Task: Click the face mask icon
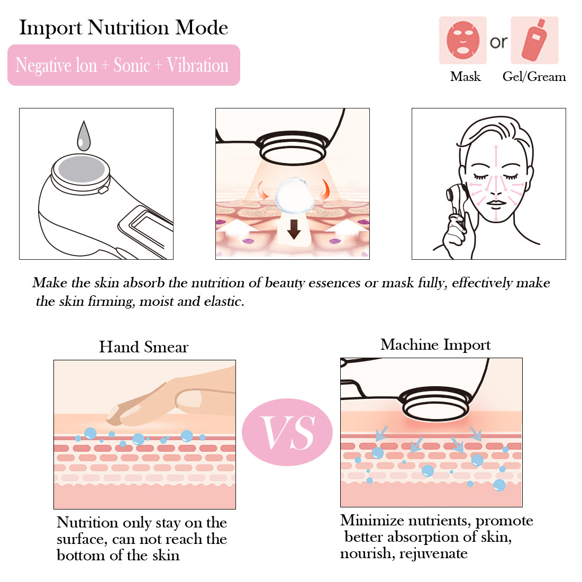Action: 462,40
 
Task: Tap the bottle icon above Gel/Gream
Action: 534,40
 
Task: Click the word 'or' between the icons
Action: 498,42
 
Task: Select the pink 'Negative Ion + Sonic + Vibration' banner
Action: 124,65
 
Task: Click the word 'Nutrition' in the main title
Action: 129,28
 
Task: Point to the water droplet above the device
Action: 84,136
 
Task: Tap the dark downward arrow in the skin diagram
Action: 294,229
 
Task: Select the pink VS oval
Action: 287,432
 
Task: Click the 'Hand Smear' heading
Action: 143,347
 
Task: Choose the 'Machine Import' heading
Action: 435,345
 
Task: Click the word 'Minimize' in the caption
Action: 372,521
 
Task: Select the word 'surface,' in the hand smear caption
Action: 82,539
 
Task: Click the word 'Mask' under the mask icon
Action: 465,77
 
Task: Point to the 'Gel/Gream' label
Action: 534,77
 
